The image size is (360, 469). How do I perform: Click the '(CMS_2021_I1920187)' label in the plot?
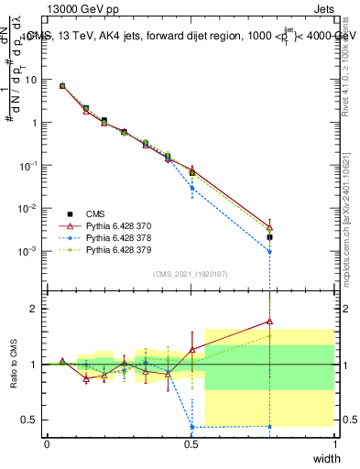tap(190, 274)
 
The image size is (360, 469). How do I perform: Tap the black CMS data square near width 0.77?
tap(269, 237)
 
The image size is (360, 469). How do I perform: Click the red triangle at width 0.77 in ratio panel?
tap(269, 322)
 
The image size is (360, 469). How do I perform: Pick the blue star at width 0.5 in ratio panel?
tap(191, 427)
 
